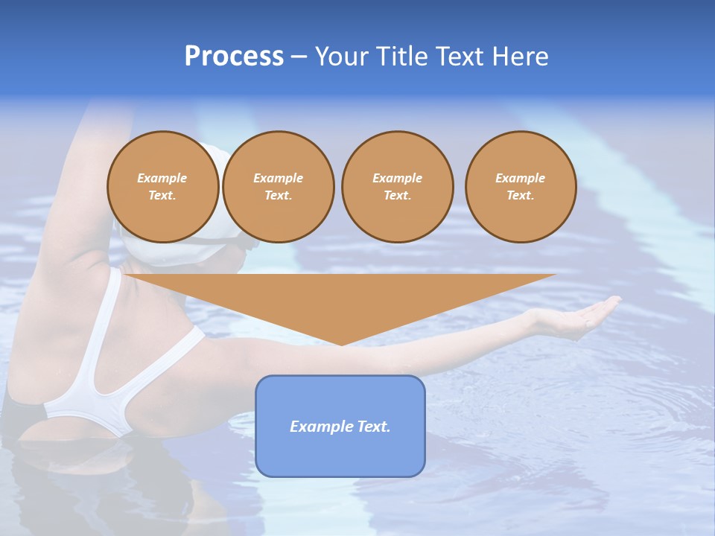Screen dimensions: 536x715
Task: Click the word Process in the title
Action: (x=234, y=57)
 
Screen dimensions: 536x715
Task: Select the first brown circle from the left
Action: (x=162, y=187)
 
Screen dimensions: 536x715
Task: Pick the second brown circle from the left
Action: (x=278, y=187)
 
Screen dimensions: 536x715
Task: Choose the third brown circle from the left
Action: (x=397, y=187)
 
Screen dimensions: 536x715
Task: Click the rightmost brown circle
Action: (x=521, y=187)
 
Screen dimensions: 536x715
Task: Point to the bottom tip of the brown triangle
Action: (x=341, y=343)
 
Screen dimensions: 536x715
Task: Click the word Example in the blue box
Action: (x=317, y=427)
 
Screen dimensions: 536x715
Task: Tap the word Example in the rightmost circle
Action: (x=521, y=178)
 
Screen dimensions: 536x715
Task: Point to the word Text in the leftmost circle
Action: (x=162, y=196)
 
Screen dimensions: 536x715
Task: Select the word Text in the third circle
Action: (x=397, y=196)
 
